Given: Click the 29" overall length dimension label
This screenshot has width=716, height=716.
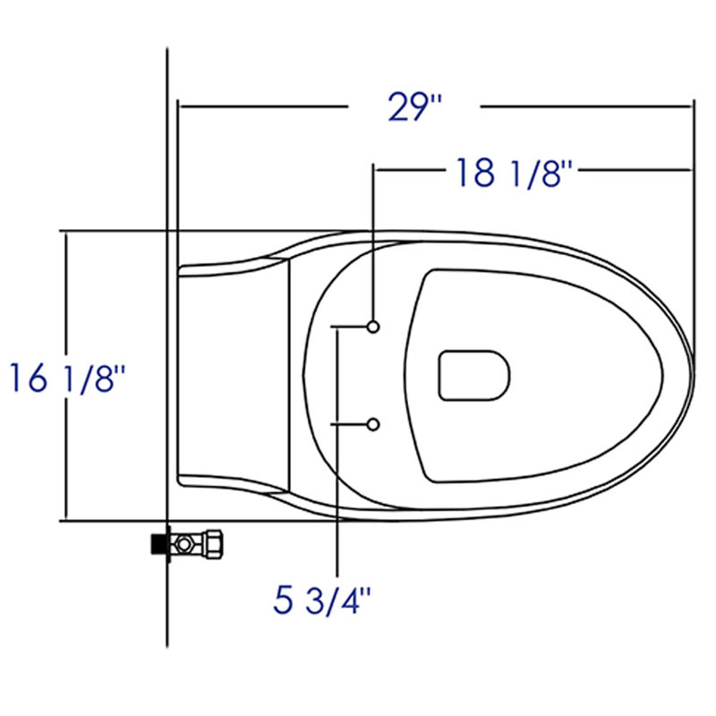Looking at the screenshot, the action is (x=414, y=107).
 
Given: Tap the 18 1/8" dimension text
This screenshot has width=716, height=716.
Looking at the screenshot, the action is (x=514, y=173).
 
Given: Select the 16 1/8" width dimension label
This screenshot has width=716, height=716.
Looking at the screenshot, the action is (x=67, y=378).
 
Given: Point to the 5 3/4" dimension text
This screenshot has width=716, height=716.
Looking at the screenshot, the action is (x=322, y=601).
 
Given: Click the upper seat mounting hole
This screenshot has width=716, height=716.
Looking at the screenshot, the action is (x=373, y=327).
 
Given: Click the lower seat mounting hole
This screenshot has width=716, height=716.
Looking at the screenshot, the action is (x=373, y=424).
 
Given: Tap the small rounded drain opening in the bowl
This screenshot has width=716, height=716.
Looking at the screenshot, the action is (x=474, y=376).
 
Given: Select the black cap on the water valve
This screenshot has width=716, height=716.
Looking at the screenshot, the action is (x=158, y=544).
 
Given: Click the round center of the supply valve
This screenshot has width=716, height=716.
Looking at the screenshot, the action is (x=183, y=544).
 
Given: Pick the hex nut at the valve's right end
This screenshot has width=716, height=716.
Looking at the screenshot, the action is (x=214, y=544).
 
